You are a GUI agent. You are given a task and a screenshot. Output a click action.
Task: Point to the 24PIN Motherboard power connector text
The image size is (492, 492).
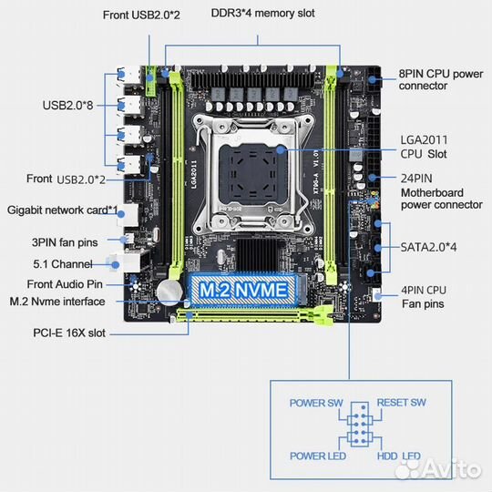(x=441, y=193)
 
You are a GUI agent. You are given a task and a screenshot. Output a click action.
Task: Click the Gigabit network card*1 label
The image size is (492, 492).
(x=63, y=210)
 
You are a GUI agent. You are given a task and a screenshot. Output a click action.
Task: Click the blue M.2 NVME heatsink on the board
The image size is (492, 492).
(x=243, y=291)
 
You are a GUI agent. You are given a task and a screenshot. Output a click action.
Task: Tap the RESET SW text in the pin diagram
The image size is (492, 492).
(x=402, y=403)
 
